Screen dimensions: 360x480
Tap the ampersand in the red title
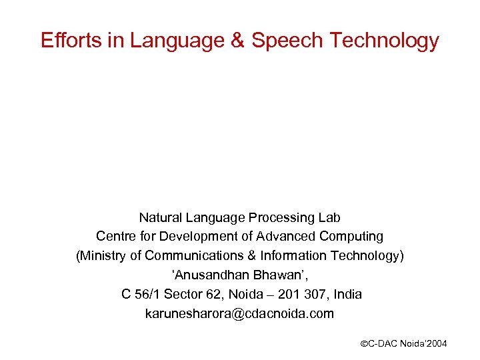237,41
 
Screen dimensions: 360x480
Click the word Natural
160,217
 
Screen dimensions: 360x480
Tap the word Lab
329,217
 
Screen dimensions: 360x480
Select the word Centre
115,237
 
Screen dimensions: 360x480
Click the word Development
190,237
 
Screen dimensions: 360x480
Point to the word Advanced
287,237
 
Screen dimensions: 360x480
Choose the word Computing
353,237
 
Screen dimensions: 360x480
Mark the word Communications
189,256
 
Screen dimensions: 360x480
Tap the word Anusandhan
201,275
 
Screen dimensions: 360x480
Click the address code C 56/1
141,294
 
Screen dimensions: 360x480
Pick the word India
348,294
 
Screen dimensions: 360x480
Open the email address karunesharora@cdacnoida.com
239,313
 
